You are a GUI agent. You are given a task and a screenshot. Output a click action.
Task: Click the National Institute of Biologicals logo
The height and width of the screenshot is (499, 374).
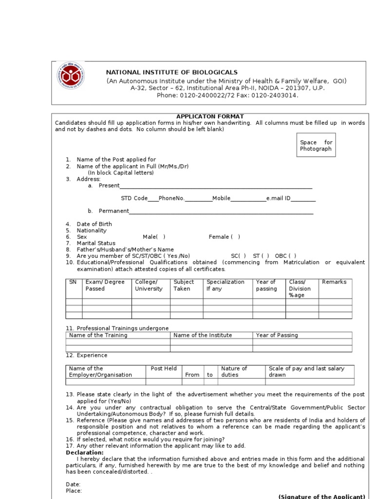(x=71, y=76)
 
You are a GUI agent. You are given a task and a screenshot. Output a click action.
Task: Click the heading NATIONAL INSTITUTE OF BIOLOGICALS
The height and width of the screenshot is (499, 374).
(x=172, y=72)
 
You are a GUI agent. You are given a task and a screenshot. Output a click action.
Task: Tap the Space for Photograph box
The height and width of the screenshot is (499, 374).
(x=316, y=145)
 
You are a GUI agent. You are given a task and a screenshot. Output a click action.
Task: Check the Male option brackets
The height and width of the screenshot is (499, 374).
(x=161, y=237)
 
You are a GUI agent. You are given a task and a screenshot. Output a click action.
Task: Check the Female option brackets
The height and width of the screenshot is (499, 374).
(x=236, y=237)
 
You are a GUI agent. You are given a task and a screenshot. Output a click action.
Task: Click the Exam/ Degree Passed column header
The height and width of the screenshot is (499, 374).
(x=105, y=285)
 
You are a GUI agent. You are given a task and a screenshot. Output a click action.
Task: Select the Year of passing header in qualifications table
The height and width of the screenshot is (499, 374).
(x=266, y=285)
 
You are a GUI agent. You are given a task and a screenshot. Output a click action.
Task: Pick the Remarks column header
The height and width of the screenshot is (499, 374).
(x=334, y=282)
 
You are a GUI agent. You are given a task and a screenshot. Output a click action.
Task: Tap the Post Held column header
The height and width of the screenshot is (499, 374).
(x=164, y=368)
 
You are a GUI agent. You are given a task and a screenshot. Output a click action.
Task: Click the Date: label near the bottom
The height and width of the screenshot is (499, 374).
(x=73, y=484)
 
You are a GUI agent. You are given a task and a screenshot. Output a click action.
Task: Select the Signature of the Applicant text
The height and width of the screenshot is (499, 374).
(x=321, y=496)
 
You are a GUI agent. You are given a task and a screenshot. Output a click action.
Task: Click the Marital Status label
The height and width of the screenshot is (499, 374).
(x=96, y=243)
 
